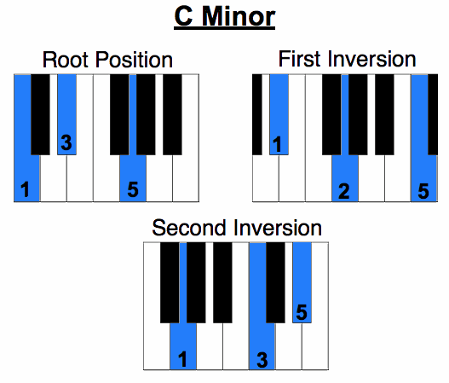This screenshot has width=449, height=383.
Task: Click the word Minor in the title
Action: point(239,16)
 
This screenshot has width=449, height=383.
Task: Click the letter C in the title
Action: point(183,16)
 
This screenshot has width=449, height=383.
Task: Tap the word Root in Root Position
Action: point(66,60)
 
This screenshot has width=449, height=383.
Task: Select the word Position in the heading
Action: point(134,60)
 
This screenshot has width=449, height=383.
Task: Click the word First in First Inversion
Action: point(299,59)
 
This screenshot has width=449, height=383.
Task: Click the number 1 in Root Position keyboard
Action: point(26,189)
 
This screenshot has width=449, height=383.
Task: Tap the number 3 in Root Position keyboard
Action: point(66,142)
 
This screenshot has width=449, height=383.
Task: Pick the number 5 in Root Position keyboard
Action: point(133,189)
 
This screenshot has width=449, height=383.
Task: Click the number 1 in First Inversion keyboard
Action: point(277,144)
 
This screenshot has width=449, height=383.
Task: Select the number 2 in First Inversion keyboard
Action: point(344,191)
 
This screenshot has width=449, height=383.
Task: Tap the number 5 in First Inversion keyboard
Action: point(423,191)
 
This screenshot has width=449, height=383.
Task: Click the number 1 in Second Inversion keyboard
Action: point(182,359)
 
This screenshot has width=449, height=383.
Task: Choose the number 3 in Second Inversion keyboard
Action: point(262,360)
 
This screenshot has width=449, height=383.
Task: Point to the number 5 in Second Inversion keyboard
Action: point(302,312)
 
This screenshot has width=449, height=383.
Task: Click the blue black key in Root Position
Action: point(67,114)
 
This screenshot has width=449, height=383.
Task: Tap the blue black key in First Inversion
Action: point(279,114)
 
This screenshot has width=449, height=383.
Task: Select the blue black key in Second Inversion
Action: point(302,282)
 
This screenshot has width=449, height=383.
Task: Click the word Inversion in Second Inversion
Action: point(278,228)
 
